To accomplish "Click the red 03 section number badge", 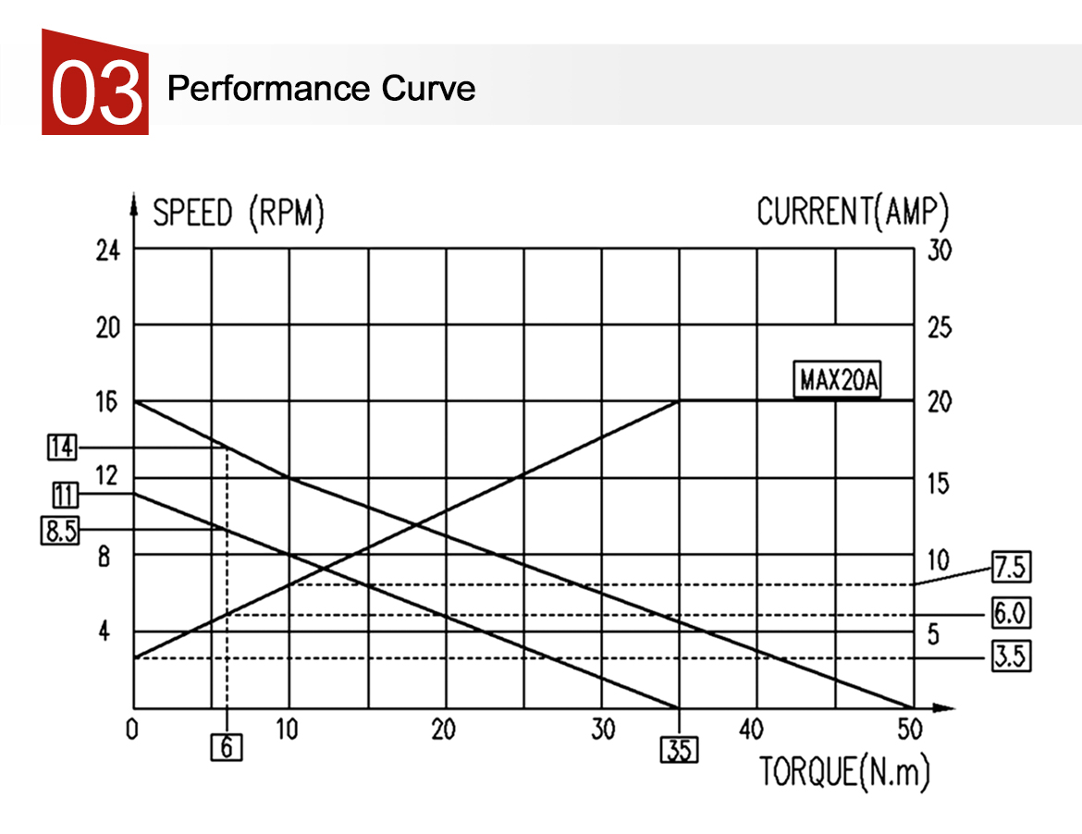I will (x=95, y=83).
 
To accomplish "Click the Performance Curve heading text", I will (x=321, y=89).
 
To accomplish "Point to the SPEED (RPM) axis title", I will (x=239, y=214).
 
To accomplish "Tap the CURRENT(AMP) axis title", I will (x=853, y=212).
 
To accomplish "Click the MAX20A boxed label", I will (x=838, y=381).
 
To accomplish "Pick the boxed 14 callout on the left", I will (x=62, y=448).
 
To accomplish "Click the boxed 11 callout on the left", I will (x=63, y=495).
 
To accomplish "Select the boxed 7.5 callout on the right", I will (x=1010, y=566).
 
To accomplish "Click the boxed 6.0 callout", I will (x=1010, y=612).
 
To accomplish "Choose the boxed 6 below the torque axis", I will (x=227, y=746).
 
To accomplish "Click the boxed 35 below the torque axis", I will (x=679, y=749).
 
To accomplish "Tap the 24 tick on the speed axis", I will (x=108, y=250).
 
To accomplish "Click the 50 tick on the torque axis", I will (x=910, y=730).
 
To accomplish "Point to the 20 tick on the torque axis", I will (x=444, y=730).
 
